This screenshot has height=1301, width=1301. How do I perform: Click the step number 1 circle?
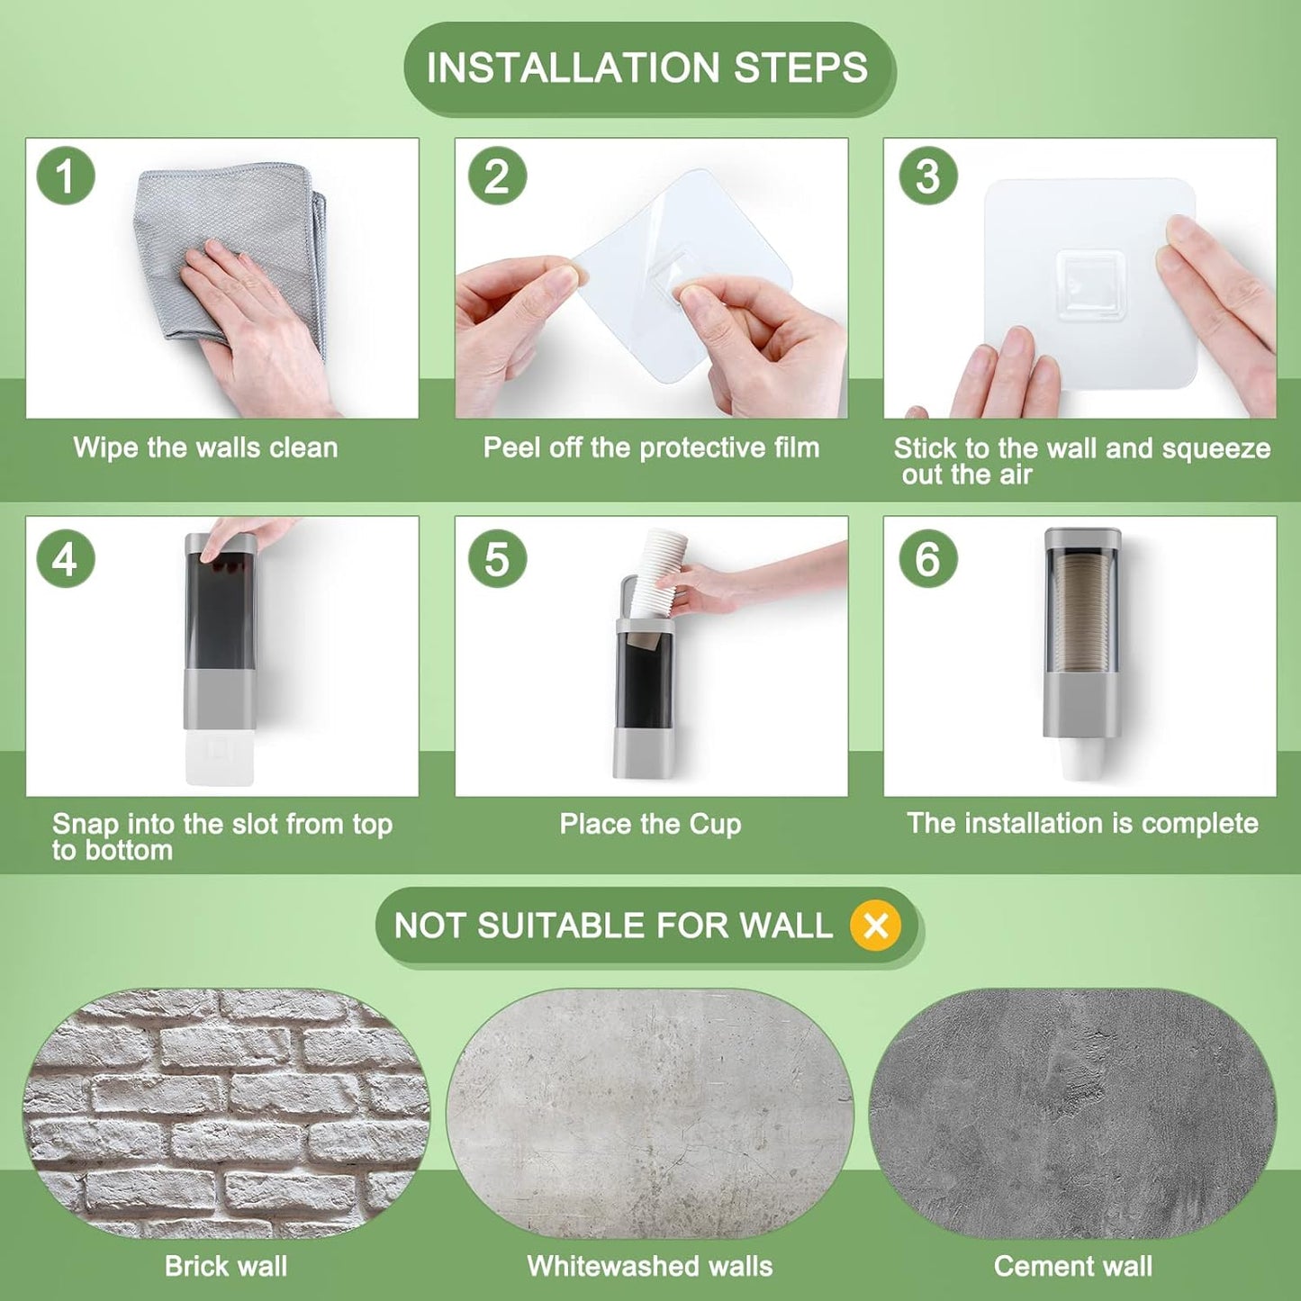pos(66,176)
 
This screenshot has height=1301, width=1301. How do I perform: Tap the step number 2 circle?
pos(497,176)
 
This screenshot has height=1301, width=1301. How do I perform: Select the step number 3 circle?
pos(928,176)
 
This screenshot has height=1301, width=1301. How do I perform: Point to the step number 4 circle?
pos(66,559)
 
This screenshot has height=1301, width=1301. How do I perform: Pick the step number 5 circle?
pos(497,559)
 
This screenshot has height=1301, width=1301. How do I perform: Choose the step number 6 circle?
pos(928,559)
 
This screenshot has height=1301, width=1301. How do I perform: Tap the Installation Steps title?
pos(647,68)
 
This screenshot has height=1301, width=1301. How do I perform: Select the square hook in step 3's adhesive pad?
pos(1089,285)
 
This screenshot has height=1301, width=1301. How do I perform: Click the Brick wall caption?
pos(226,1266)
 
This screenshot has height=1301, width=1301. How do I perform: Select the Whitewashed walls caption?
pos(650,1266)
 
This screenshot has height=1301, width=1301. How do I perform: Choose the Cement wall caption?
pos(1073,1266)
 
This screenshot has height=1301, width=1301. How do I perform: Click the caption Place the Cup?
pos(650,825)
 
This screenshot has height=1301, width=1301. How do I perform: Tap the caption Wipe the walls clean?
pos(206,447)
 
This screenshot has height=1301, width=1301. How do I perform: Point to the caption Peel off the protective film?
pos(652,447)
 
